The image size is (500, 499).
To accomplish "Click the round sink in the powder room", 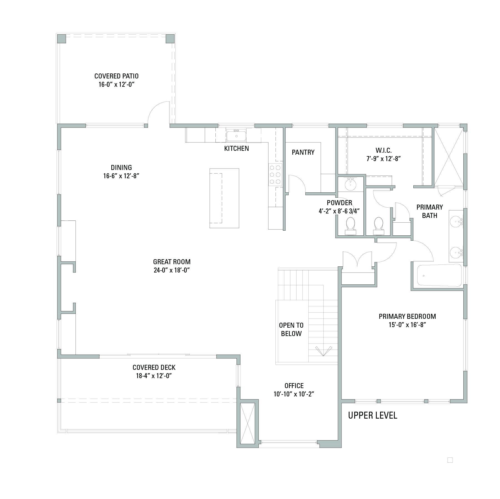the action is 351,184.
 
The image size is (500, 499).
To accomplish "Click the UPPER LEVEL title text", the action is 373,415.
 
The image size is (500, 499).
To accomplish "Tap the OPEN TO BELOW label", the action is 291,329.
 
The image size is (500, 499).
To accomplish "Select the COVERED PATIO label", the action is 117,76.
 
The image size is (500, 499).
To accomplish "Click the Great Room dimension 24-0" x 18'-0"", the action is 172,270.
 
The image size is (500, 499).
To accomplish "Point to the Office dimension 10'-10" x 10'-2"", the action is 294,394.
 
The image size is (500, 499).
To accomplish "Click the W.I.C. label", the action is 384,151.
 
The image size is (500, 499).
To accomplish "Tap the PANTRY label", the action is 303,152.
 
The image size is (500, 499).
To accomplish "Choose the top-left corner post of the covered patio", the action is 62,39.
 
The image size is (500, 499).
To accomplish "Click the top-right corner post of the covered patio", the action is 170,39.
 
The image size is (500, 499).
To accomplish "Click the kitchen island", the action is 224,198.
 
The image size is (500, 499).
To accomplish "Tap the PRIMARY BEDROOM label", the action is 407,316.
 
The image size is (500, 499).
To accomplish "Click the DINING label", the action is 121,167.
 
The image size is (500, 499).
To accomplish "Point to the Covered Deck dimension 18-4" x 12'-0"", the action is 154,376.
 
